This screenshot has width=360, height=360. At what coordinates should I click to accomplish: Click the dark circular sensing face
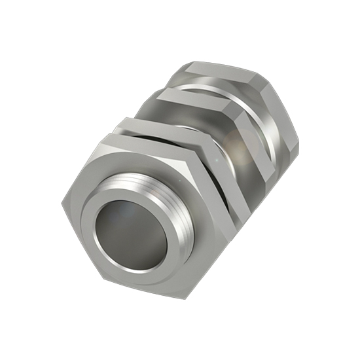[x=134, y=239]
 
